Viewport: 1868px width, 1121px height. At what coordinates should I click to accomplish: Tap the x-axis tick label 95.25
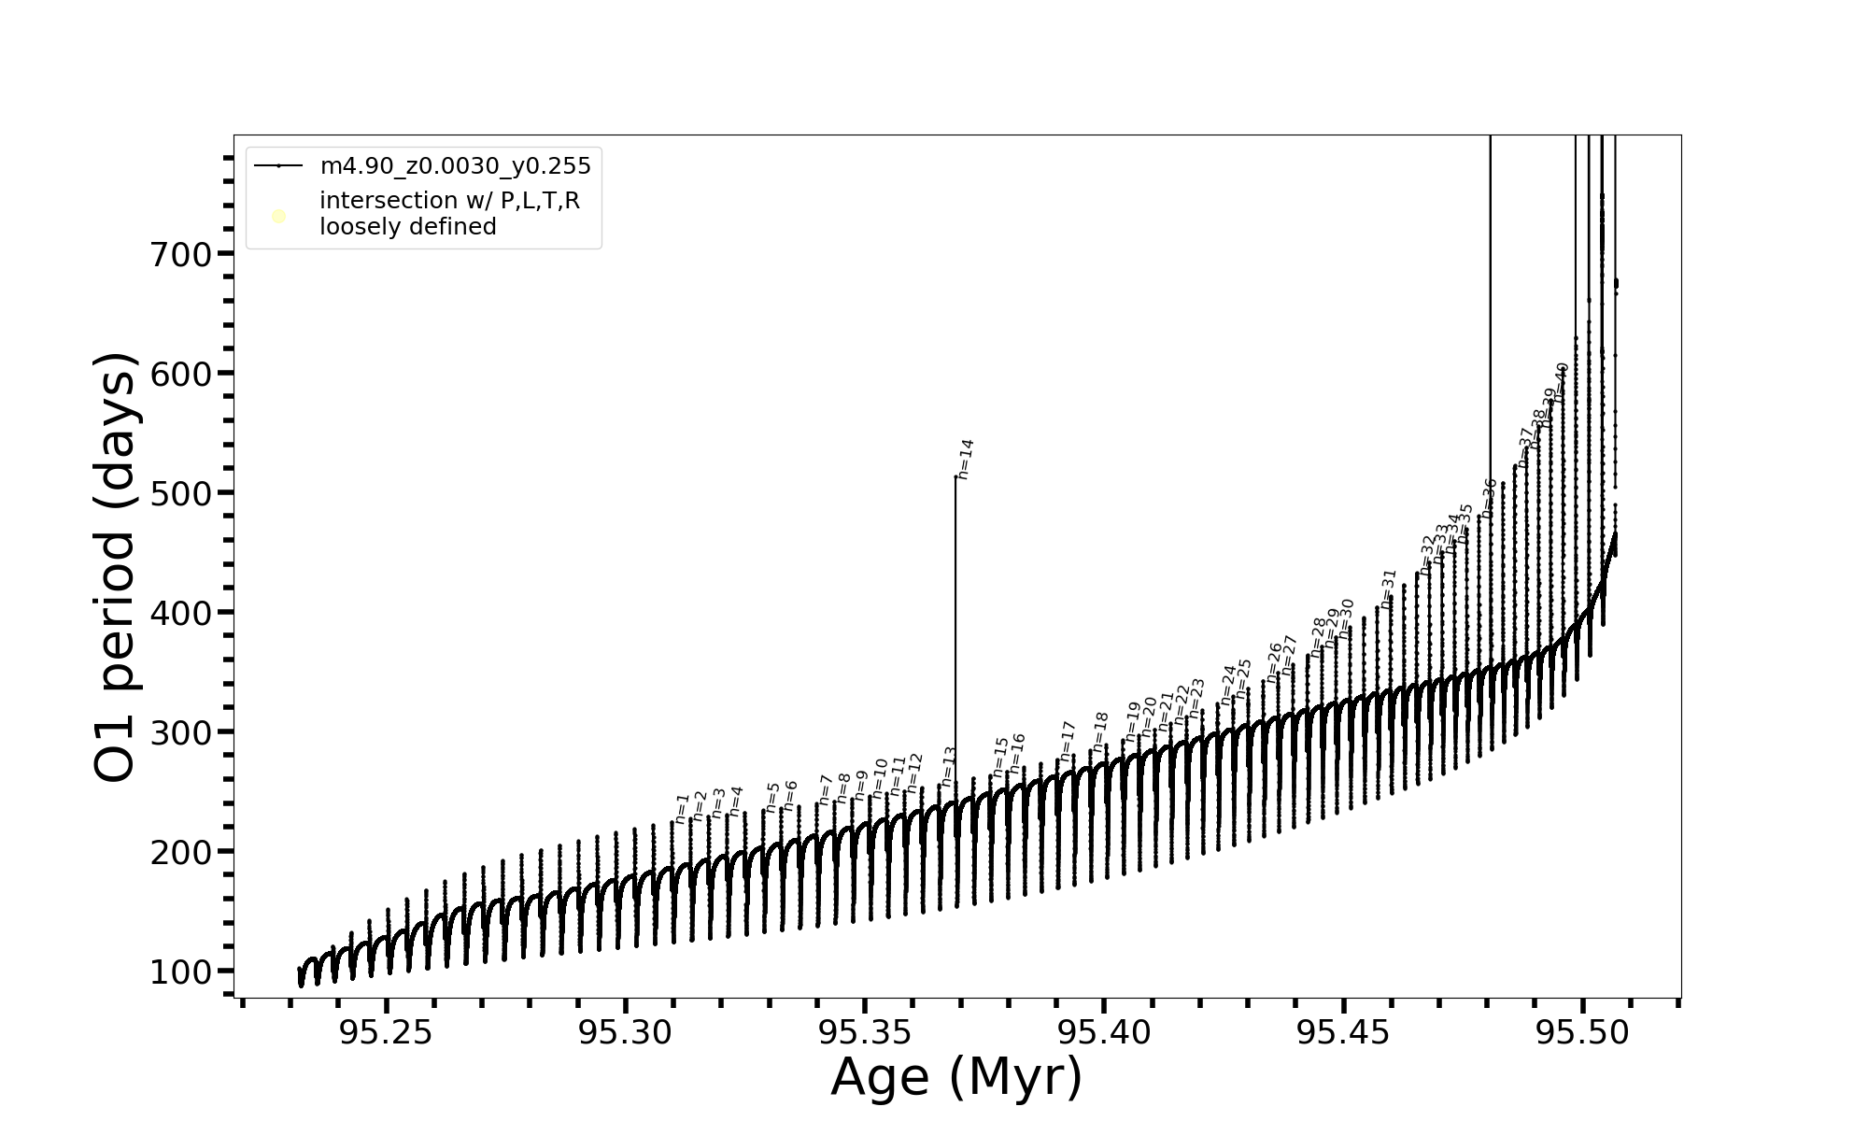386,1032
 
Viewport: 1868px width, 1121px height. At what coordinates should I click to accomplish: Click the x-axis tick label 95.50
1582,1032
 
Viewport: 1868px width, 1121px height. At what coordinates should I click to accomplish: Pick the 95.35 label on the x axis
864,1032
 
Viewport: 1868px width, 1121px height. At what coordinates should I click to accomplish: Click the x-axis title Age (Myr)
956,1077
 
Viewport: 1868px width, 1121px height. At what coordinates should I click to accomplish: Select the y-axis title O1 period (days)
116,567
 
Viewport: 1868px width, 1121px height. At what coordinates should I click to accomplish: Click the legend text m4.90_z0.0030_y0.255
455,166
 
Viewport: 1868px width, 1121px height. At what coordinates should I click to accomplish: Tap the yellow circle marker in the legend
278,217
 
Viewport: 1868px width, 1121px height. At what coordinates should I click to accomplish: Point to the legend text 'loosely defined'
407,227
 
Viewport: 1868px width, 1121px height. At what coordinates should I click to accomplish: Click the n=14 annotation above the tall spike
966,459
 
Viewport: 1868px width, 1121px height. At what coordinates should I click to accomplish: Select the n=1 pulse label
682,808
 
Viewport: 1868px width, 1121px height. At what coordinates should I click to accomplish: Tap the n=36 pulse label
1490,497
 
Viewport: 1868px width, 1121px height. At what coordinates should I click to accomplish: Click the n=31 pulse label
1389,588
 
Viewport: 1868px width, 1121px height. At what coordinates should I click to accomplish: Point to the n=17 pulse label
1068,740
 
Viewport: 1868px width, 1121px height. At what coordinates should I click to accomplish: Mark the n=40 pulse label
1561,382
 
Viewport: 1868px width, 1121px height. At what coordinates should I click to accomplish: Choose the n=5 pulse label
772,797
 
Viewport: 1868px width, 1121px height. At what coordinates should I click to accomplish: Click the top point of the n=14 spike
955,476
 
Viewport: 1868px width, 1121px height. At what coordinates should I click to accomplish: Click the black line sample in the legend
278,166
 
